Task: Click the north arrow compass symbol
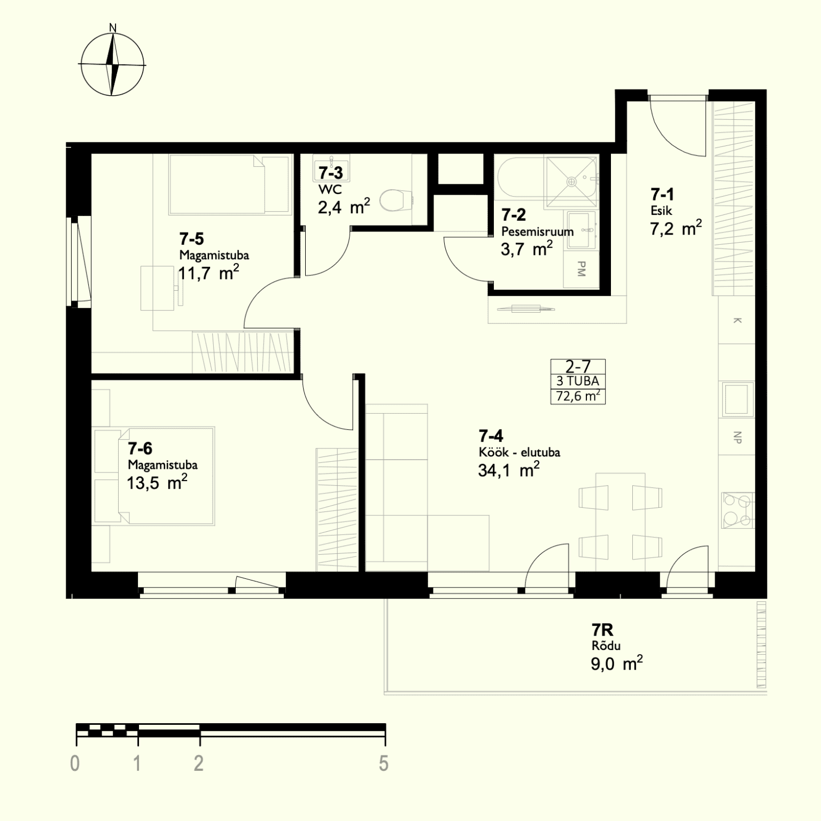112,64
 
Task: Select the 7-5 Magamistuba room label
214,245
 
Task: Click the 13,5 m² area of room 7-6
157,483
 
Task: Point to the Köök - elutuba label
520,452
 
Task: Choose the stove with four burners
737,510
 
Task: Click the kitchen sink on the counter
738,399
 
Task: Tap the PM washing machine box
582,269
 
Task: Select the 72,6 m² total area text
578,396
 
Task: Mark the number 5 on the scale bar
384,764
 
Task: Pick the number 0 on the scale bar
75,764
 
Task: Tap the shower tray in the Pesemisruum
571,182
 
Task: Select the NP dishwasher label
738,438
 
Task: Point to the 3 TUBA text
578,381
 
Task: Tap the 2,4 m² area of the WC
344,206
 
